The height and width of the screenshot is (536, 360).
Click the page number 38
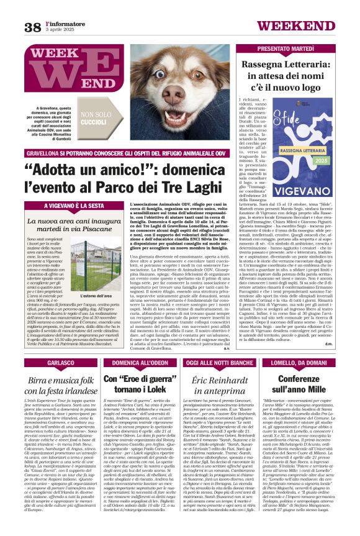[32, 27]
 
